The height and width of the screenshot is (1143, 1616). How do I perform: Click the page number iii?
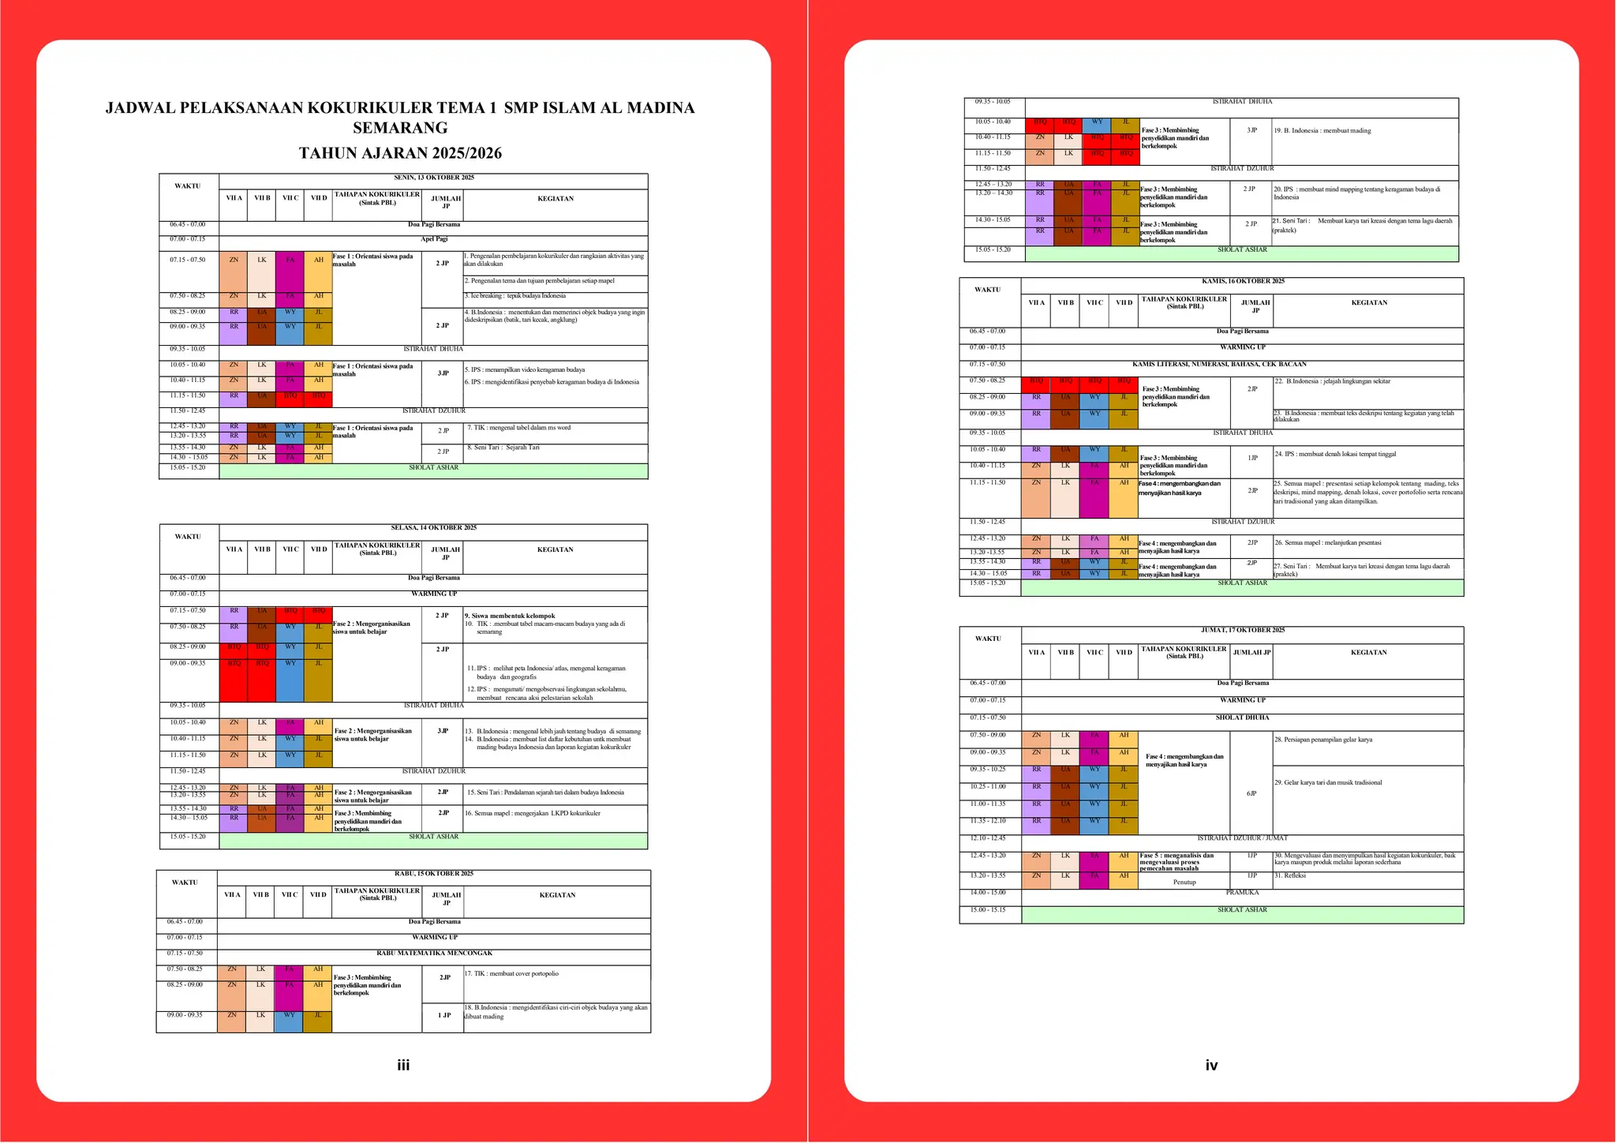tap(403, 1066)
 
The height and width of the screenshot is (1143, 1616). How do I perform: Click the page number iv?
tap(1211, 1066)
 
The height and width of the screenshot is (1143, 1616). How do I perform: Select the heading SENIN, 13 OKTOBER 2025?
tap(434, 178)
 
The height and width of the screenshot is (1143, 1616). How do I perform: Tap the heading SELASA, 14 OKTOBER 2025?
tap(434, 528)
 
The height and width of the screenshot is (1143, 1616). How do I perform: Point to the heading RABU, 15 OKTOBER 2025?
tap(434, 874)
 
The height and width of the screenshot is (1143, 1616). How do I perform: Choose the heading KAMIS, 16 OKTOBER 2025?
tap(1243, 282)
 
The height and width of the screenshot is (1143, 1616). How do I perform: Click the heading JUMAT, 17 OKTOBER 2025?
tap(1243, 631)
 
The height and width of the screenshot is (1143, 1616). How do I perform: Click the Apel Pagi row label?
tap(434, 239)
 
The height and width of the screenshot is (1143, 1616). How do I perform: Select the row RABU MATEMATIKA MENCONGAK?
tap(434, 954)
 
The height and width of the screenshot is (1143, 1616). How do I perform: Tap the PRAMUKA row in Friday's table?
tap(1243, 893)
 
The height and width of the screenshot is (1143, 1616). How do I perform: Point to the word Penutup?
tap(1184, 883)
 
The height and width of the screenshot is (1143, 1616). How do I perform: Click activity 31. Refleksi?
tap(1290, 875)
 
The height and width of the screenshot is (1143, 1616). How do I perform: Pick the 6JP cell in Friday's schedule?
tap(1251, 793)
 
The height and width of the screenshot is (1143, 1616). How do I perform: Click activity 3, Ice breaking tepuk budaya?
tap(514, 296)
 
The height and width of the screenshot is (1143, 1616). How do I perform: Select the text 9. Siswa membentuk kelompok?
tap(510, 616)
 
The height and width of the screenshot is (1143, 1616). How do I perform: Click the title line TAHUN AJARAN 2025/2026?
tap(400, 153)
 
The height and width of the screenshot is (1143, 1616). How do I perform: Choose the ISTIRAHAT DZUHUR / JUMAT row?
tap(1243, 838)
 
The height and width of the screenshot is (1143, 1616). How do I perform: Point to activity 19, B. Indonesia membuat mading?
tap(1322, 131)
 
